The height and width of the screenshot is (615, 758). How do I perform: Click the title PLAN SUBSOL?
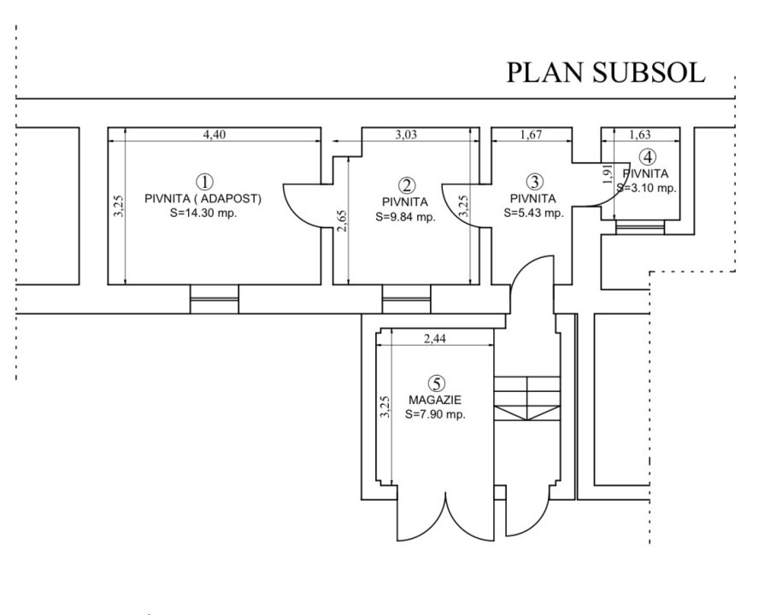click(606, 73)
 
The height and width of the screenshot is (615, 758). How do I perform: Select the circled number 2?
click(408, 184)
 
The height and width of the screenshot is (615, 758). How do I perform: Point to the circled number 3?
click(534, 181)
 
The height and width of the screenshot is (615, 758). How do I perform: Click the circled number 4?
click(649, 156)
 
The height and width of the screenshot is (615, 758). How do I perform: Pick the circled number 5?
click(438, 382)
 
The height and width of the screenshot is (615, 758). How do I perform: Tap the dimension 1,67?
click(533, 134)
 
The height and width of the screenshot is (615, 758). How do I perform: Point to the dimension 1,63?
click(640, 134)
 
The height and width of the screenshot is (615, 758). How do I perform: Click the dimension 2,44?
click(436, 339)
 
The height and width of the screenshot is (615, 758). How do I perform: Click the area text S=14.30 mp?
click(203, 213)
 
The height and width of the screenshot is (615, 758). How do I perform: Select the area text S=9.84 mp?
click(406, 217)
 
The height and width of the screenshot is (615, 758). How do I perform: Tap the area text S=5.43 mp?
click(532, 213)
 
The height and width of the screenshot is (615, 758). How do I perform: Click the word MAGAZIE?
click(436, 399)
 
